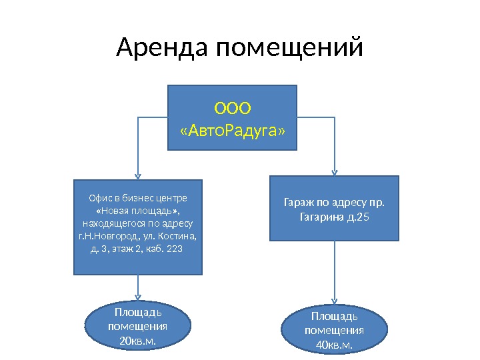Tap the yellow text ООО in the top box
pyautogui.click(x=231, y=107)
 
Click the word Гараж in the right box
pyautogui.click(x=298, y=201)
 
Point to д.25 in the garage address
pyautogui.click(x=357, y=217)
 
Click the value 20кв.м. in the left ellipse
pyautogui.click(x=138, y=341)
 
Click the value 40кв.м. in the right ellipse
pyautogui.click(x=334, y=344)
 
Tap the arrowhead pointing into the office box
pyautogui.click(x=138, y=176)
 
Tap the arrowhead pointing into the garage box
pyautogui.click(x=334, y=172)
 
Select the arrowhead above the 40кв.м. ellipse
pyautogui.click(x=334, y=301)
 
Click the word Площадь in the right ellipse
pyautogui.click(x=334, y=315)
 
